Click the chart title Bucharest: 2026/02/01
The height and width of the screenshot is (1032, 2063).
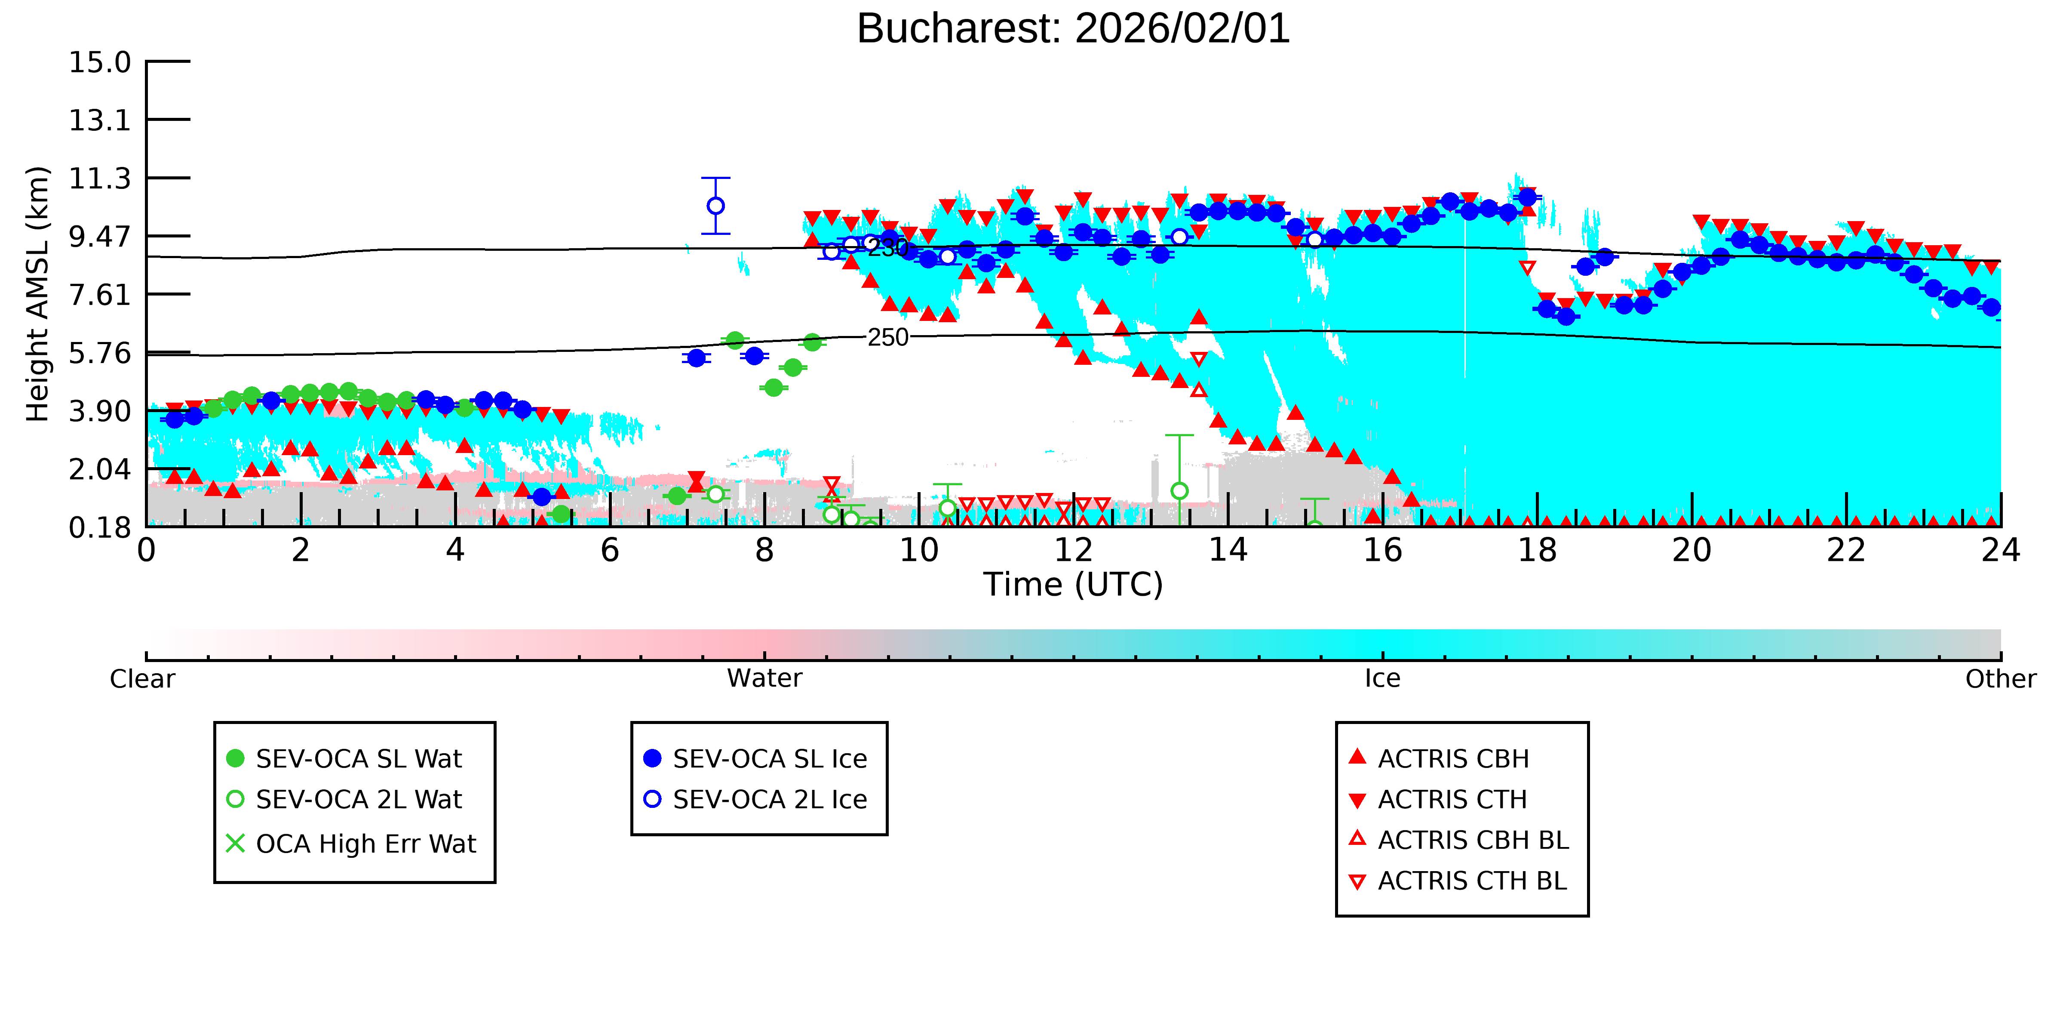1073,29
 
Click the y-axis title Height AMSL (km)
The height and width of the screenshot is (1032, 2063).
38,294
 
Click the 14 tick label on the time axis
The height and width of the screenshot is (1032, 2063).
1228,551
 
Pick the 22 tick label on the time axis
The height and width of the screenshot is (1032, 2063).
1846,551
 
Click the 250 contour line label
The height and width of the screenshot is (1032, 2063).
888,337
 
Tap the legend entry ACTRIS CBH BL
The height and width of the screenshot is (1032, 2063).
1459,840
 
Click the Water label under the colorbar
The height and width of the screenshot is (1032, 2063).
764,679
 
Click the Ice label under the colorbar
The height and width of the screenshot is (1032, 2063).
1382,679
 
